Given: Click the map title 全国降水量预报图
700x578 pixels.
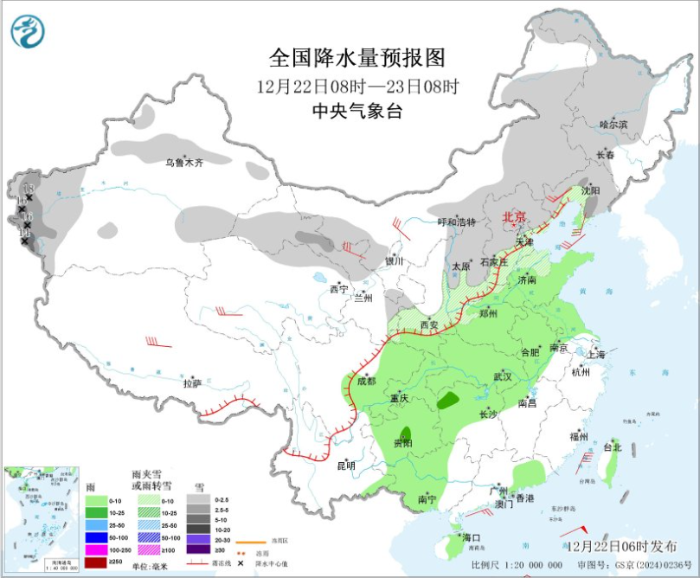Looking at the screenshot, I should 356,59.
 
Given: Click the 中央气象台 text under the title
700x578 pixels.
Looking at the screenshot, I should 356,111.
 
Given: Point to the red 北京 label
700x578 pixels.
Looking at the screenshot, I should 516,217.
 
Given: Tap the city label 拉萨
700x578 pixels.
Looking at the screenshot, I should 192,382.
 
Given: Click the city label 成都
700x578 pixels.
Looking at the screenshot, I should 366,381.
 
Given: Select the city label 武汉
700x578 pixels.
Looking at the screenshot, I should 502,376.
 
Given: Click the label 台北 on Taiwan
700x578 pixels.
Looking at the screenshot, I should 612,447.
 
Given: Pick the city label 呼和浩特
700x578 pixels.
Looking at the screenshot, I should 456,222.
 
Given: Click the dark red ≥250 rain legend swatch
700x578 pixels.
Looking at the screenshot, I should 96,562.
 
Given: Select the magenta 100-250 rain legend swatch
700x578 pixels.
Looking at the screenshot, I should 96,550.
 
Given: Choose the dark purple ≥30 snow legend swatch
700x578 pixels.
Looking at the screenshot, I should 196,550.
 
